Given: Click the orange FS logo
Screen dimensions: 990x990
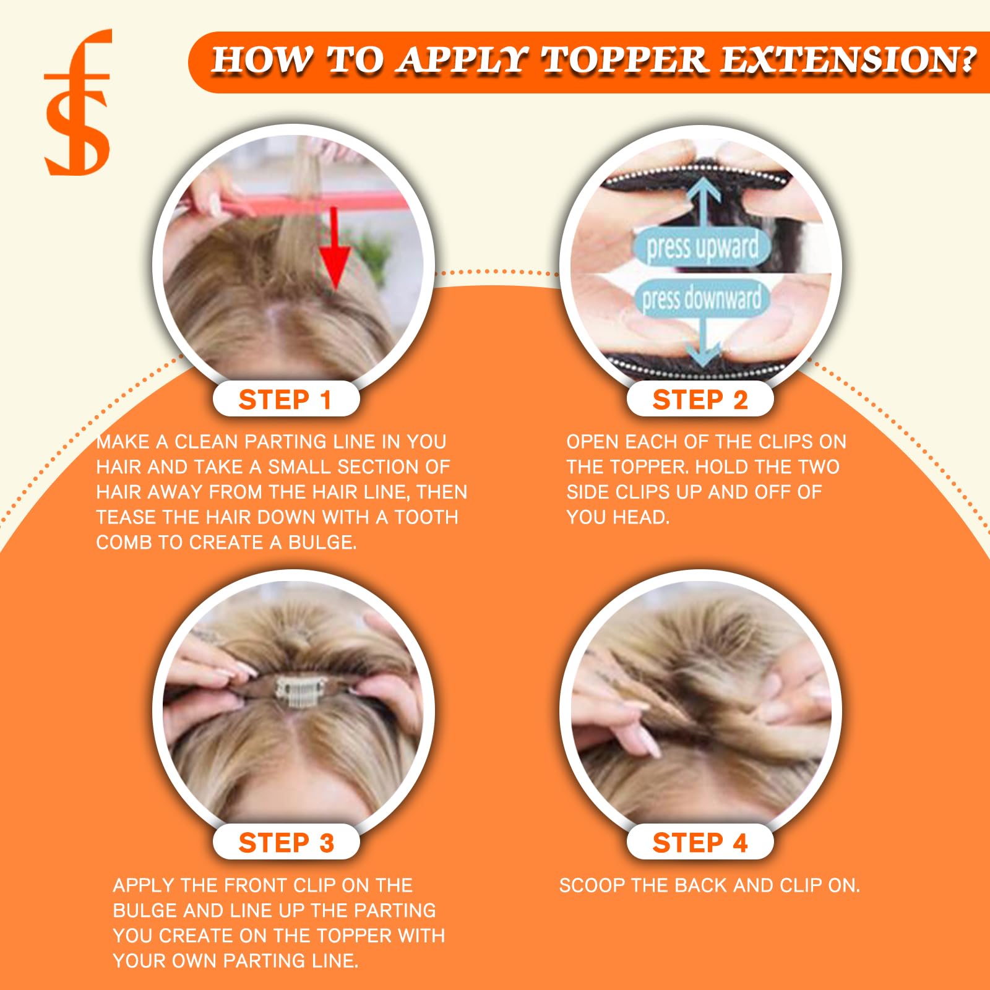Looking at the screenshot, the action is point(78,102).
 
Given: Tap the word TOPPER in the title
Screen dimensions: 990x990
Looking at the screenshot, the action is point(624,61).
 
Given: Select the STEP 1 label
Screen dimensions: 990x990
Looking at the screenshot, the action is point(286,400).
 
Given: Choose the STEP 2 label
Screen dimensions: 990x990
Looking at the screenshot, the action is point(700,400).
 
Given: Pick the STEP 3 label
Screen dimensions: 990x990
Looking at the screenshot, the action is point(286,843).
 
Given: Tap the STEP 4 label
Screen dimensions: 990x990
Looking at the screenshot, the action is point(700,843).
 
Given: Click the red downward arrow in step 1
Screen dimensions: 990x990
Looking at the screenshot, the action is point(335,248).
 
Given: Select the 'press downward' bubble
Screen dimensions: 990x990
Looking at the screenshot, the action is point(701,298).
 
